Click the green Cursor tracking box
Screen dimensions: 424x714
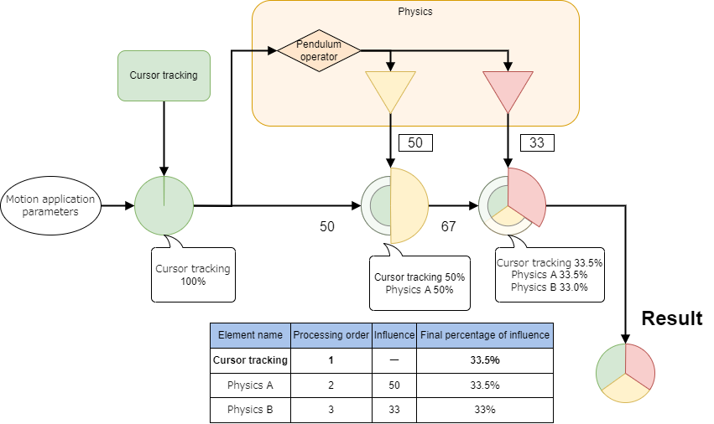pyautogui.click(x=164, y=75)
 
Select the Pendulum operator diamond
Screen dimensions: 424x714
pyautogui.click(x=319, y=51)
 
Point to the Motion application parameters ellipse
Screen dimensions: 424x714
pyautogui.click(x=50, y=205)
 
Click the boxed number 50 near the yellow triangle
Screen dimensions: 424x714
pyautogui.click(x=415, y=142)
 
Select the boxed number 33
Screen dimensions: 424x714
pyautogui.click(x=537, y=142)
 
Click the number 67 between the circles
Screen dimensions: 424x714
pyautogui.click(x=448, y=227)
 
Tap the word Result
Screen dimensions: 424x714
pyautogui.click(x=671, y=318)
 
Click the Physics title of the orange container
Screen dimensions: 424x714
pyautogui.click(x=415, y=12)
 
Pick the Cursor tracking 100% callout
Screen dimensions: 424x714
pyautogui.click(x=193, y=275)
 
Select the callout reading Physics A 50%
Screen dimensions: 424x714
pyautogui.click(x=420, y=282)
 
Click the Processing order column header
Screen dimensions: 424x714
pyautogui.click(x=331, y=335)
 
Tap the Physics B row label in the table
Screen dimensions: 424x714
pyautogui.click(x=250, y=410)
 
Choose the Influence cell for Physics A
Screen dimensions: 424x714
pyautogui.click(x=393, y=385)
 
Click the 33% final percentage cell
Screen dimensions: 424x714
pyautogui.click(x=485, y=410)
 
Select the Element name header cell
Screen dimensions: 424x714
pyautogui.click(x=250, y=335)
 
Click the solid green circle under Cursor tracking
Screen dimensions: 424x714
pyautogui.click(x=164, y=205)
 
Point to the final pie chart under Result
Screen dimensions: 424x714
pyautogui.click(x=625, y=372)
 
